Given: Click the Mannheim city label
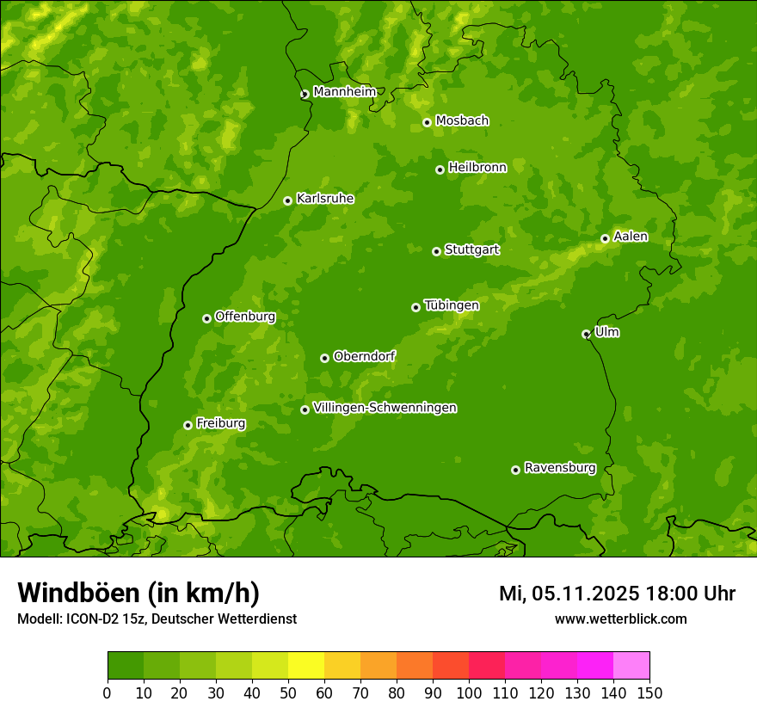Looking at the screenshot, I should tap(344, 92).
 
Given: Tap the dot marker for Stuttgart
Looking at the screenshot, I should tap(436, 251).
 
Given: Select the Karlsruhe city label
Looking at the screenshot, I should tap(324, 199).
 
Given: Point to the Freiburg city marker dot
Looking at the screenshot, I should tap(188, 425).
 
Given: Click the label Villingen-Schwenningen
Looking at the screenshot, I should tap(385, 408).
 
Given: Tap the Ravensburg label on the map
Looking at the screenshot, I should tap(559, 468).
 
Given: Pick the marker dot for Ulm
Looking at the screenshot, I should tap(586, 334).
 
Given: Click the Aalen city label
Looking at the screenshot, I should tap(630, 237).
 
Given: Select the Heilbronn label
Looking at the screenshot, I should tap(477, 168).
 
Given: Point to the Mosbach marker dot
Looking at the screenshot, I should tap(427, 122).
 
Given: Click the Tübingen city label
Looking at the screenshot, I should tap(451, 305).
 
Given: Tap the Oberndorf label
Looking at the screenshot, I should tap(364, 356).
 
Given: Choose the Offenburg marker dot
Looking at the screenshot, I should tap(206, 318).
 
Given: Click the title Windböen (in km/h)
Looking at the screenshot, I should tap(138, 594).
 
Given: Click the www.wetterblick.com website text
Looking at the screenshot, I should tap(620, 619).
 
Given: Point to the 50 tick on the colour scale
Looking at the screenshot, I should tap(288, 692).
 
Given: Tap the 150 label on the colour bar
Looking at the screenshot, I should tap(649, 692).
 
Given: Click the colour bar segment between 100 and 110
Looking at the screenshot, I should tap(487, 666).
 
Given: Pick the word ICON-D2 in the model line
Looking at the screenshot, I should tap(89, 619).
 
